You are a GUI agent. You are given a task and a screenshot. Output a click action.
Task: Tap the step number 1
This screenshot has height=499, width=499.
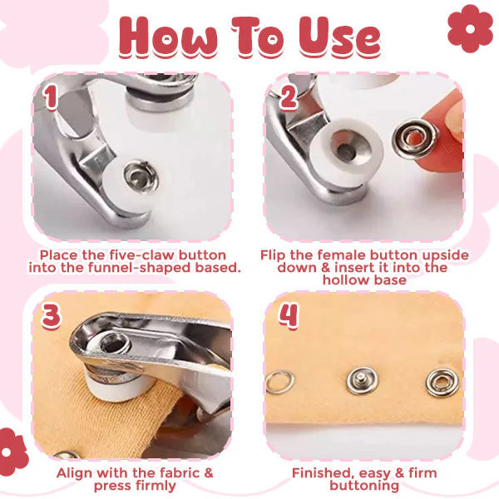[x=51, y=98]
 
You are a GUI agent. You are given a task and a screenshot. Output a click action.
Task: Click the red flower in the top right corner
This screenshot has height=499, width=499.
[x=470, y=27]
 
